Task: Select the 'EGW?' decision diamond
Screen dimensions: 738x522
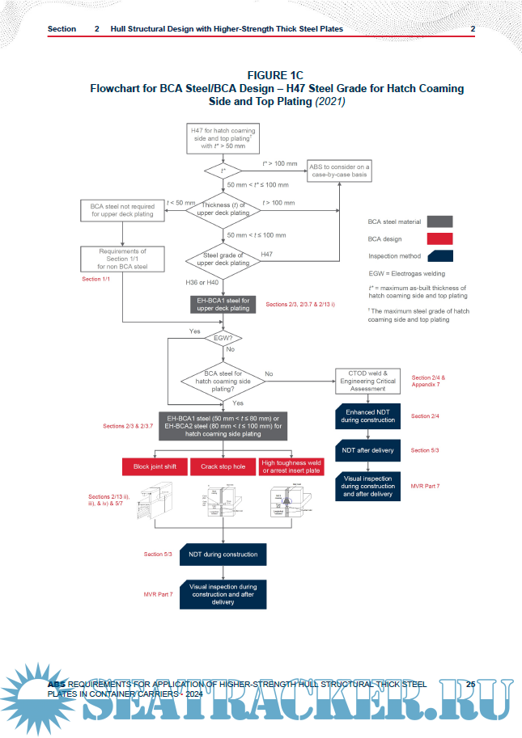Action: (x=223, y=338)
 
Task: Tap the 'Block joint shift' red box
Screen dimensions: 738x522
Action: (x=154, y=466)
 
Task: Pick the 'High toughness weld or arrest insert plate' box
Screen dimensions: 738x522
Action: (x=291, y=466)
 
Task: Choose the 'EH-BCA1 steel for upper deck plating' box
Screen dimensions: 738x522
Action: (x=223, y=304)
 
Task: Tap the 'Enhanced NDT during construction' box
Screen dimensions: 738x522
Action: (x=369, y=417)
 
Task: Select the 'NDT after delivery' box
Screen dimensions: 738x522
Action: (x=369, y=450)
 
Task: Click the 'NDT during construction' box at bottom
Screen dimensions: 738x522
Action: (x=223, y=555)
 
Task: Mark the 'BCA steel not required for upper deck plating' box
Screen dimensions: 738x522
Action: (x=121, y=210)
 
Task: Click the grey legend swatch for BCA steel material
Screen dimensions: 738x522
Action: (x=433, y=221)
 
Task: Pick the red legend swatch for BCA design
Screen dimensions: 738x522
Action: (x=433, y=238)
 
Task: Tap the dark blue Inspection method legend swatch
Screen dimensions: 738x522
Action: (x=433, y=256)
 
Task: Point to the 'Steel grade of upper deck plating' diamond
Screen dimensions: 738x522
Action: (x=223, y=259)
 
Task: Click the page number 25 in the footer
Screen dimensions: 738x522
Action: (x=470, y=684)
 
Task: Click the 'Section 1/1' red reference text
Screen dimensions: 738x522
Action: (x=96, y=279)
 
